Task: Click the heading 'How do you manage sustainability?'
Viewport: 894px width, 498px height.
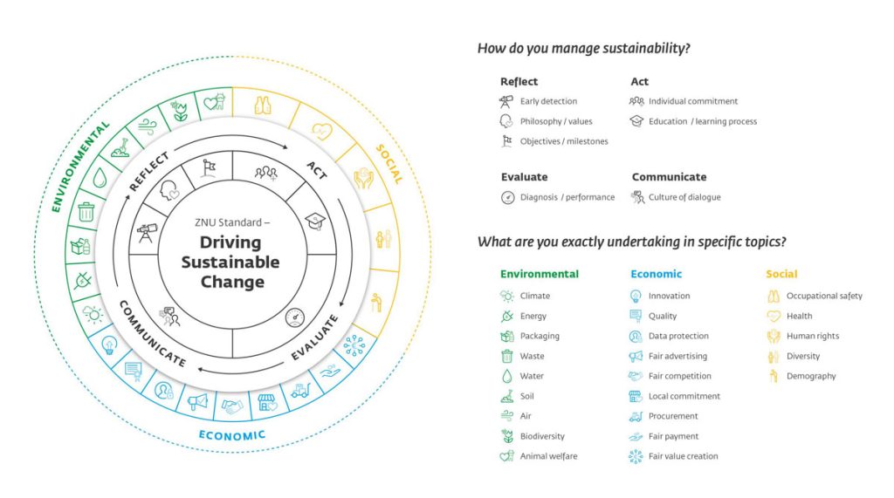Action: point(583,49)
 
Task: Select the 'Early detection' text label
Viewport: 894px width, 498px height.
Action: point(548,101)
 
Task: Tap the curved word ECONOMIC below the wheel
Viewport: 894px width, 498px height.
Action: point(232,436)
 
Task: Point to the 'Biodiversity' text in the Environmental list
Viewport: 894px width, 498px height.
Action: point(542,436)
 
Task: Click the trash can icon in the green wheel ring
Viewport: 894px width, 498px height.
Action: point(86,211)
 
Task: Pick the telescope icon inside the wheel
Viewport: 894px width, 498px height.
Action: point(147,232)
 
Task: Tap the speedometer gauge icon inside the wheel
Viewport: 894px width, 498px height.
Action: point(295,317)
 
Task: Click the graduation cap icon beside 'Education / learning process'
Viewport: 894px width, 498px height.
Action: point(636,121)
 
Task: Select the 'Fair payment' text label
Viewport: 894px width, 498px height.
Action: point(673,436)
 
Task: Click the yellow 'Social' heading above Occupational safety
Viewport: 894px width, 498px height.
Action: point(781,274)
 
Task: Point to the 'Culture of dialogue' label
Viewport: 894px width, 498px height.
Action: point(684,197)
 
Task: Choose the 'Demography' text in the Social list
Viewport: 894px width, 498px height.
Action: point(811,376)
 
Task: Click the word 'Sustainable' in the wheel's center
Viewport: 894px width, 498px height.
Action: point(230,263)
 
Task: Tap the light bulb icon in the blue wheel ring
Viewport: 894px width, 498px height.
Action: point(109,345)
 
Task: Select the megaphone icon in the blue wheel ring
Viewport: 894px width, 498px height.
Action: point(197,401)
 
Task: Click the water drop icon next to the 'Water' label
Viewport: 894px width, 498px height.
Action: point(507,376)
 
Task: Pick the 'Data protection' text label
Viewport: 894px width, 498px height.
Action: point(678,336)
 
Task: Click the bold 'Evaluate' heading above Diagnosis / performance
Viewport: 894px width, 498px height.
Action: point(525,177)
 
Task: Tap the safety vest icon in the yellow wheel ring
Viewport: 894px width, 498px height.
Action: point(263,106)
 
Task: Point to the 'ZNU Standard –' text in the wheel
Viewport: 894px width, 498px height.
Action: point(232,222)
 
